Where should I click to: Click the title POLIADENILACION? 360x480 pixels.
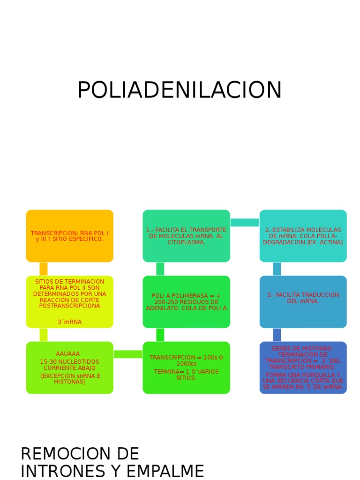click(180, 90)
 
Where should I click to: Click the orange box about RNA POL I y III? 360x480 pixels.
click(69, 236)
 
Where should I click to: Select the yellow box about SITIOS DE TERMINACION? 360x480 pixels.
click(69, 301)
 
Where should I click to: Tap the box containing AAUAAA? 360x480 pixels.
click(69, 367)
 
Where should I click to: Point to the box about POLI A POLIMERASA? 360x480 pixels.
click(186, 301)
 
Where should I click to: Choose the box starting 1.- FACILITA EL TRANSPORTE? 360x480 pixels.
click(186, 236)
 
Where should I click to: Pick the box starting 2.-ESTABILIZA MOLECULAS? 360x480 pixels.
click(303, 236)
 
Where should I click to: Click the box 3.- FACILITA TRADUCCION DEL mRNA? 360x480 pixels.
click(303, 301)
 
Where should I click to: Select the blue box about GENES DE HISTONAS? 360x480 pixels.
click(303, 367)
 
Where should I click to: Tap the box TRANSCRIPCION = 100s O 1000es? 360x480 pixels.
click(186, 367)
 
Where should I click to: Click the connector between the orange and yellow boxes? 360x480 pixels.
click(44, 269)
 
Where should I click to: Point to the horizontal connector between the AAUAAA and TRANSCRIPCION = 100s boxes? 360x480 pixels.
click(128, 354)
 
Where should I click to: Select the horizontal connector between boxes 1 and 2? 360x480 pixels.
click(245, 222)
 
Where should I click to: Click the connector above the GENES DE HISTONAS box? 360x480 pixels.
click(277, 335)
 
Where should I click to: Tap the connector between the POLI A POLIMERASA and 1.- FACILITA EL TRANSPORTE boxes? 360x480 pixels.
click(160, 269)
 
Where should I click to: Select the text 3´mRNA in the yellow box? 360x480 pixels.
click(69, 322)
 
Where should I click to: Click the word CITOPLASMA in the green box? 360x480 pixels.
click(186, 242)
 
